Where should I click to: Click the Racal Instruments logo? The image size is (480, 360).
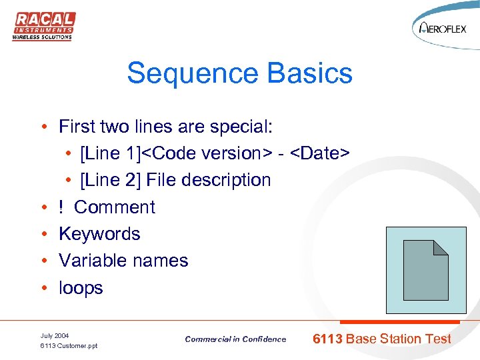click(x=43, y=26)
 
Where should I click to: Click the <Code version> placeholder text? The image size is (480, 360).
click(x=207, y=153)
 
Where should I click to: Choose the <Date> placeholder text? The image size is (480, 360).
click(x=320, y=153)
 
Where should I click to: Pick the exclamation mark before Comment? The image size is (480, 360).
click(x=62, y=207)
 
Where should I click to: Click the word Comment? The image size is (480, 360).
click(x=115, y=207)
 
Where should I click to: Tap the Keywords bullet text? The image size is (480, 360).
click(x=99, y=234)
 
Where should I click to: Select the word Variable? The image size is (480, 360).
click(x=92, y=261)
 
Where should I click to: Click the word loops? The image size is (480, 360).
click(x=81, y=288)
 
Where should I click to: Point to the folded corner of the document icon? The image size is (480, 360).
click(x=441, y=247)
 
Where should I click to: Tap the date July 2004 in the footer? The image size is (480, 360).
click(x=55, y=335)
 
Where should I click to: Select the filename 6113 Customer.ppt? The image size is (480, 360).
click(x=69, y=346)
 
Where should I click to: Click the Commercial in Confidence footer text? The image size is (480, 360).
click(x=235, y=339)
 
